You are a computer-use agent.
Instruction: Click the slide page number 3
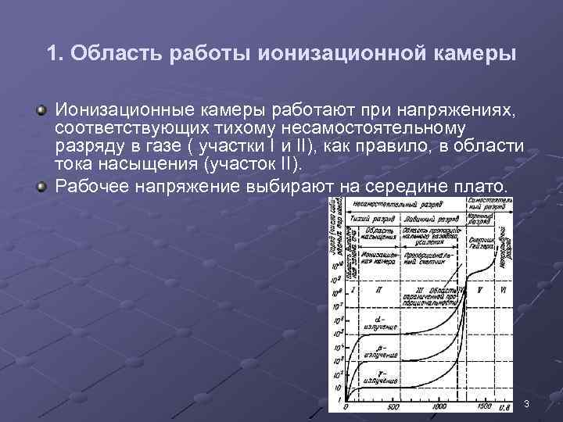(x=527, y=403)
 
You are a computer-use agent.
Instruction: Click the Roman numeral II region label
(x=378, y=289)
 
